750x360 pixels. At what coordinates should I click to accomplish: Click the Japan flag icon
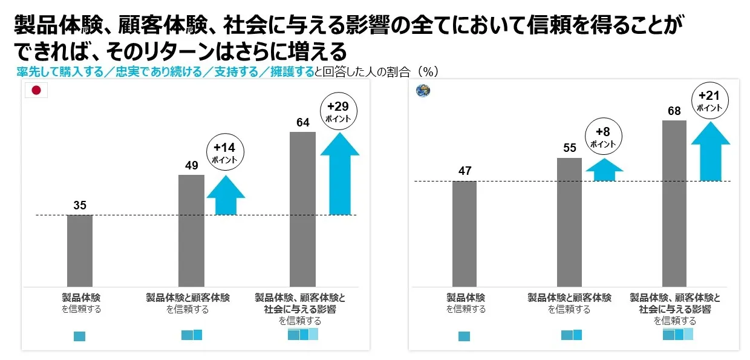coord(36,91)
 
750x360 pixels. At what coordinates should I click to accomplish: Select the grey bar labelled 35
coord(80,250)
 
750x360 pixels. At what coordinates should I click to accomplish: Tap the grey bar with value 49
coord(191,231)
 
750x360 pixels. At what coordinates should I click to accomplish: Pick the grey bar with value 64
coord(303,209)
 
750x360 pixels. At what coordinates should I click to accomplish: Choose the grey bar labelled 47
coord(465,234)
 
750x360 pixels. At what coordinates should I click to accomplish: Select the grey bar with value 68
coord(674,203)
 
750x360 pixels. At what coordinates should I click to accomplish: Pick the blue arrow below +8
coord(604,170)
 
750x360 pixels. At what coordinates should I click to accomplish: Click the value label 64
coord(303,123)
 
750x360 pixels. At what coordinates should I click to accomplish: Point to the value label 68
coord(674,111)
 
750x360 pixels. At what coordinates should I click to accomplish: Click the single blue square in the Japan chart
coord(79,336)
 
